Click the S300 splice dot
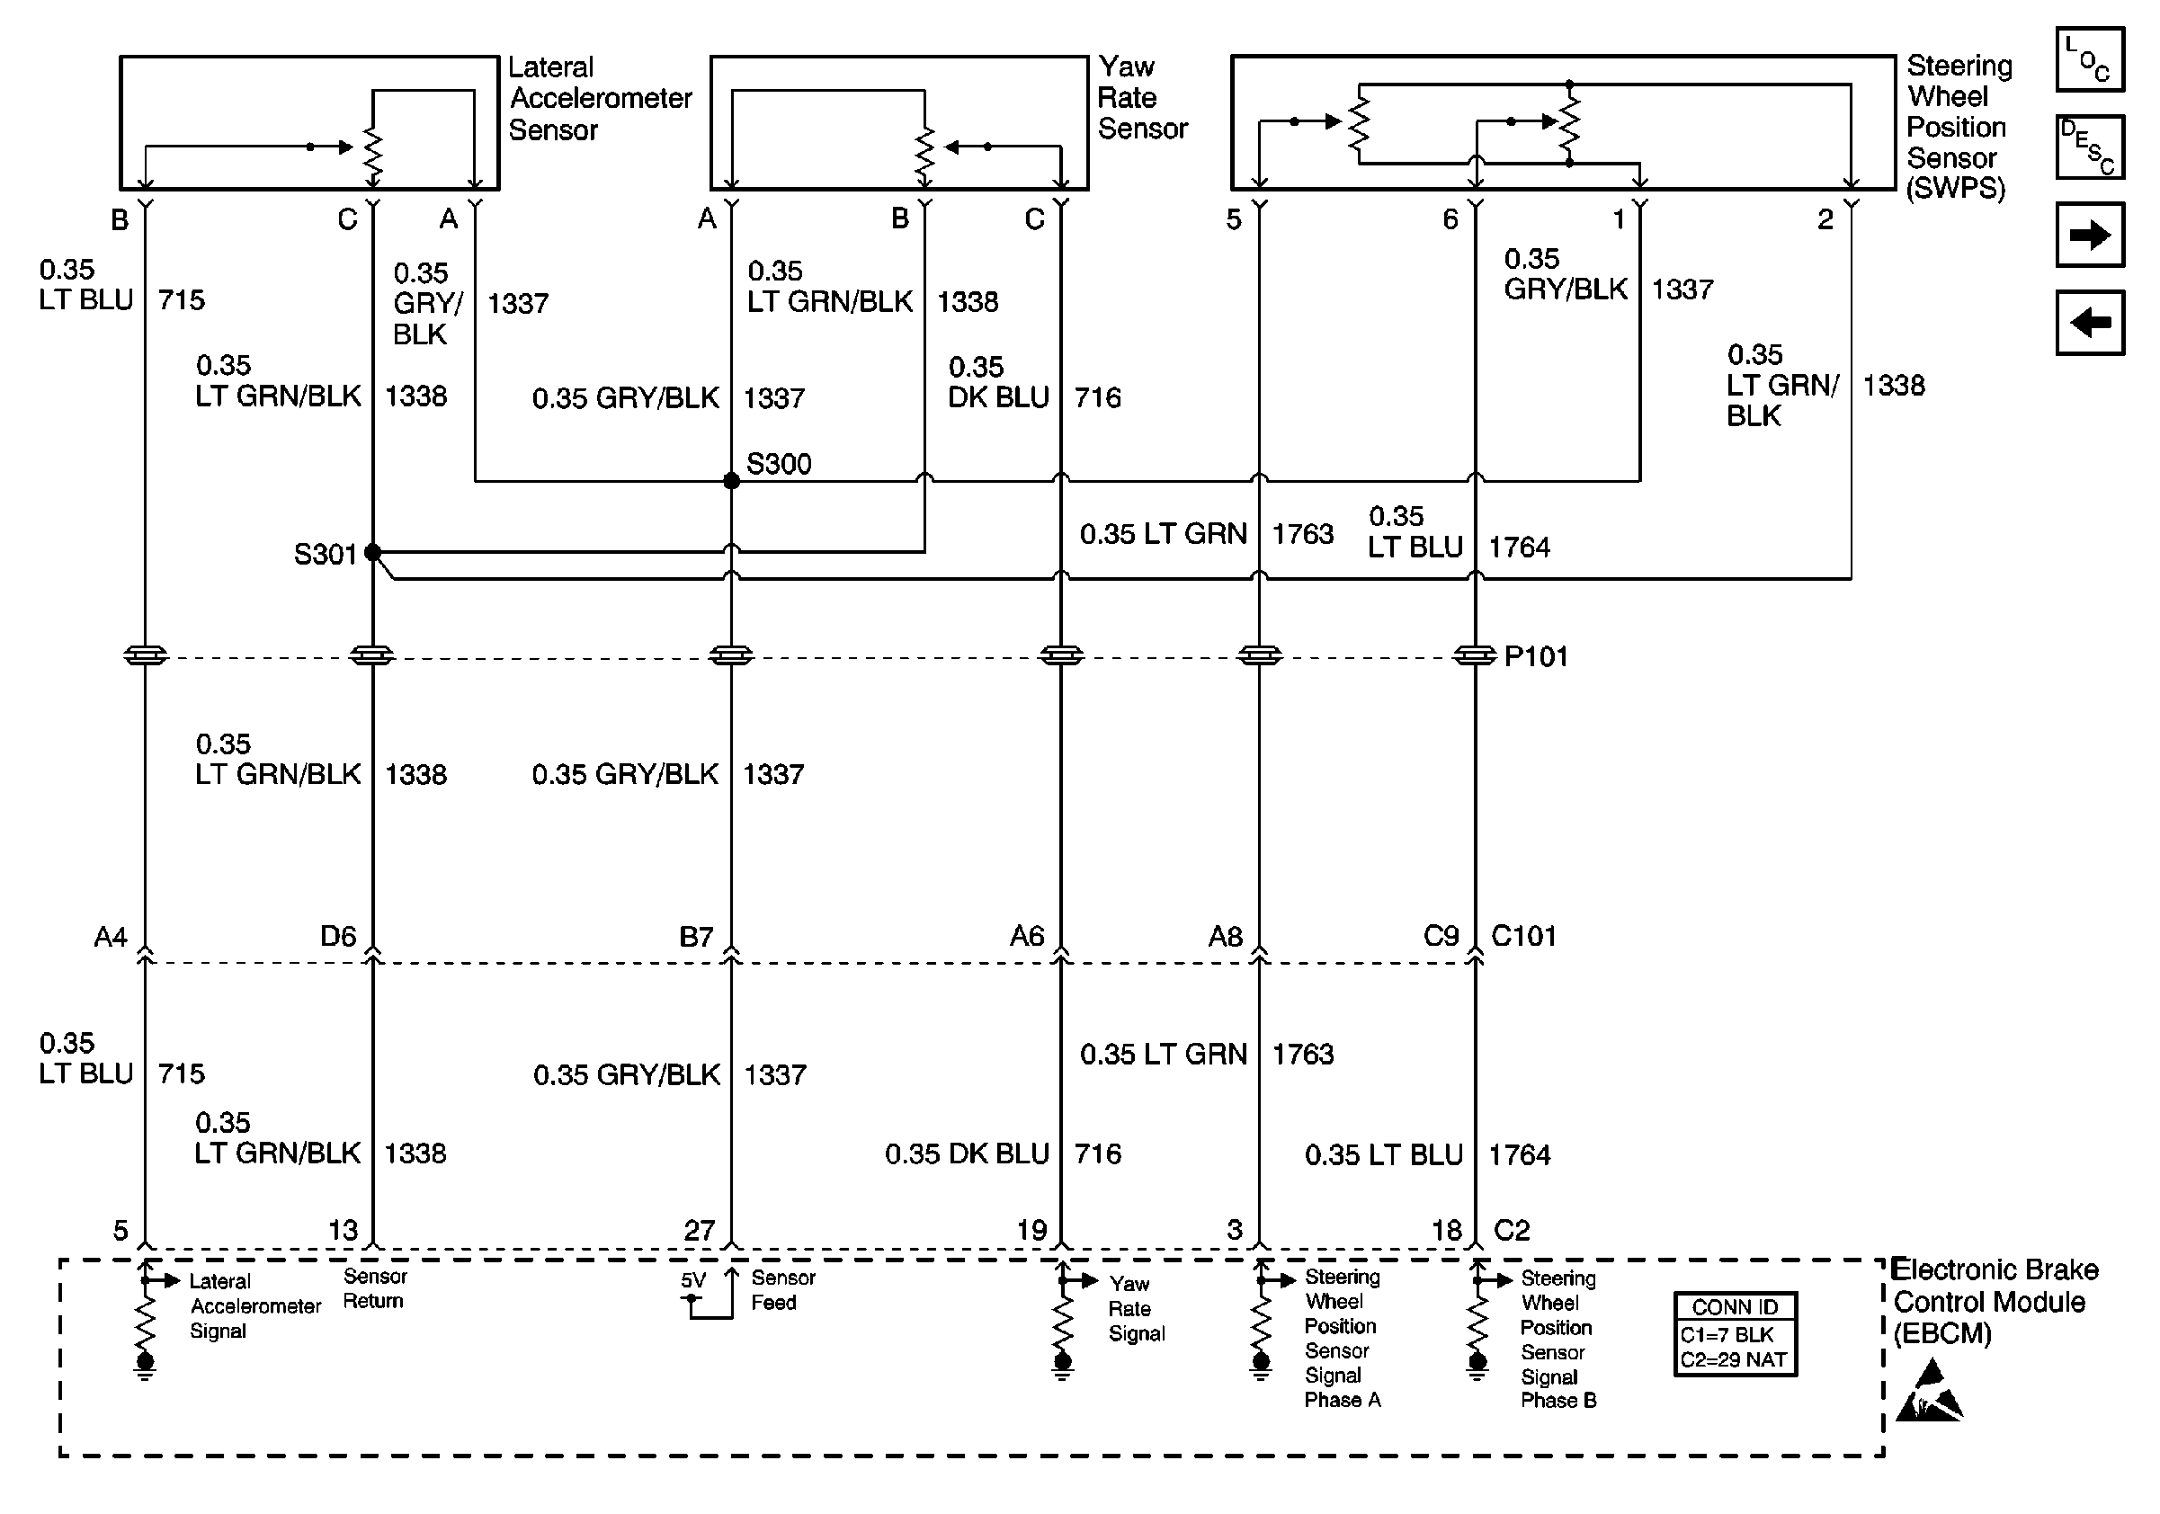coord(731,480)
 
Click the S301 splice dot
coord(372,552)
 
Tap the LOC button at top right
coord(2090,60)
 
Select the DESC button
coord(2090,147)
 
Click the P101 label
coord(1535,656)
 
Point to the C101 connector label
coord(1524,936)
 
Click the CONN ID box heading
coord(1735,1307)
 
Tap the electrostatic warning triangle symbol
coord(1929,1393)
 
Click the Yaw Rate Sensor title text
coord(1142,98)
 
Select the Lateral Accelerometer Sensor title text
coord(599,99)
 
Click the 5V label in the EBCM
coord(692,1280)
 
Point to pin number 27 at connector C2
coord(699,1229)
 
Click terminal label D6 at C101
coord(338,936)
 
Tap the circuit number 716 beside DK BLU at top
coord(1098,396)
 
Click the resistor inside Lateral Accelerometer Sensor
coord(373,156)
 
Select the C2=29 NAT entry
coord(1733,1359)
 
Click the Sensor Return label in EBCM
coord(373,1288)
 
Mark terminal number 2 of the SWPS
coord(1825,219)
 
